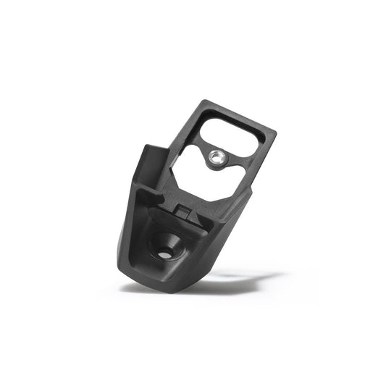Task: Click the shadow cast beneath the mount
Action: tap(217, 284)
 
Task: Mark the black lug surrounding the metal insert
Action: tap(215, 161)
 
